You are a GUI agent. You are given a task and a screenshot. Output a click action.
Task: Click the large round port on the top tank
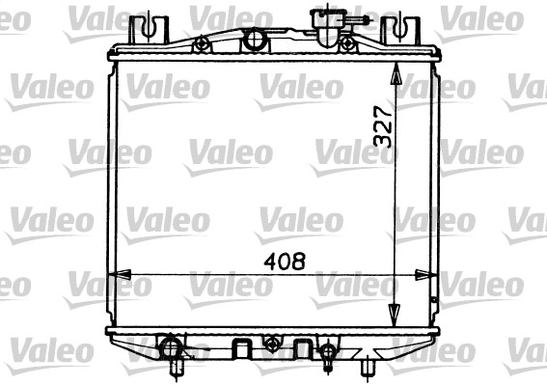[254, 40]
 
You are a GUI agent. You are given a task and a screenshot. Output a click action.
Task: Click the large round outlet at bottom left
[171, 346]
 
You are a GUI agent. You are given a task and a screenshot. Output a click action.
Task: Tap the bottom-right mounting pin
[368, 368]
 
